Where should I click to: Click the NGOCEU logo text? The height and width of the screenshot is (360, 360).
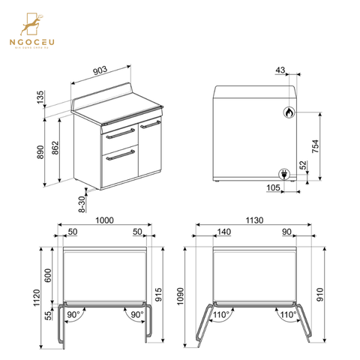(x=34, y=42)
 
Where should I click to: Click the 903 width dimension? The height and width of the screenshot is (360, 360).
(x=100, y=70)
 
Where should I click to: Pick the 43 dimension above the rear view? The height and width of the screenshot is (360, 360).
(x=279, y=70)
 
